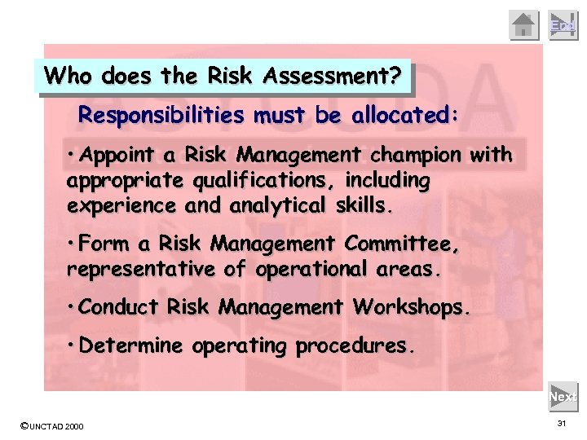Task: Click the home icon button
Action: pos(525,25)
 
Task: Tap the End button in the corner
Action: pos(563,25)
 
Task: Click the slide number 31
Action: pos(562,425)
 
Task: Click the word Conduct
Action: pos(121,308)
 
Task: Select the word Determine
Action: pos(132,345)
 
